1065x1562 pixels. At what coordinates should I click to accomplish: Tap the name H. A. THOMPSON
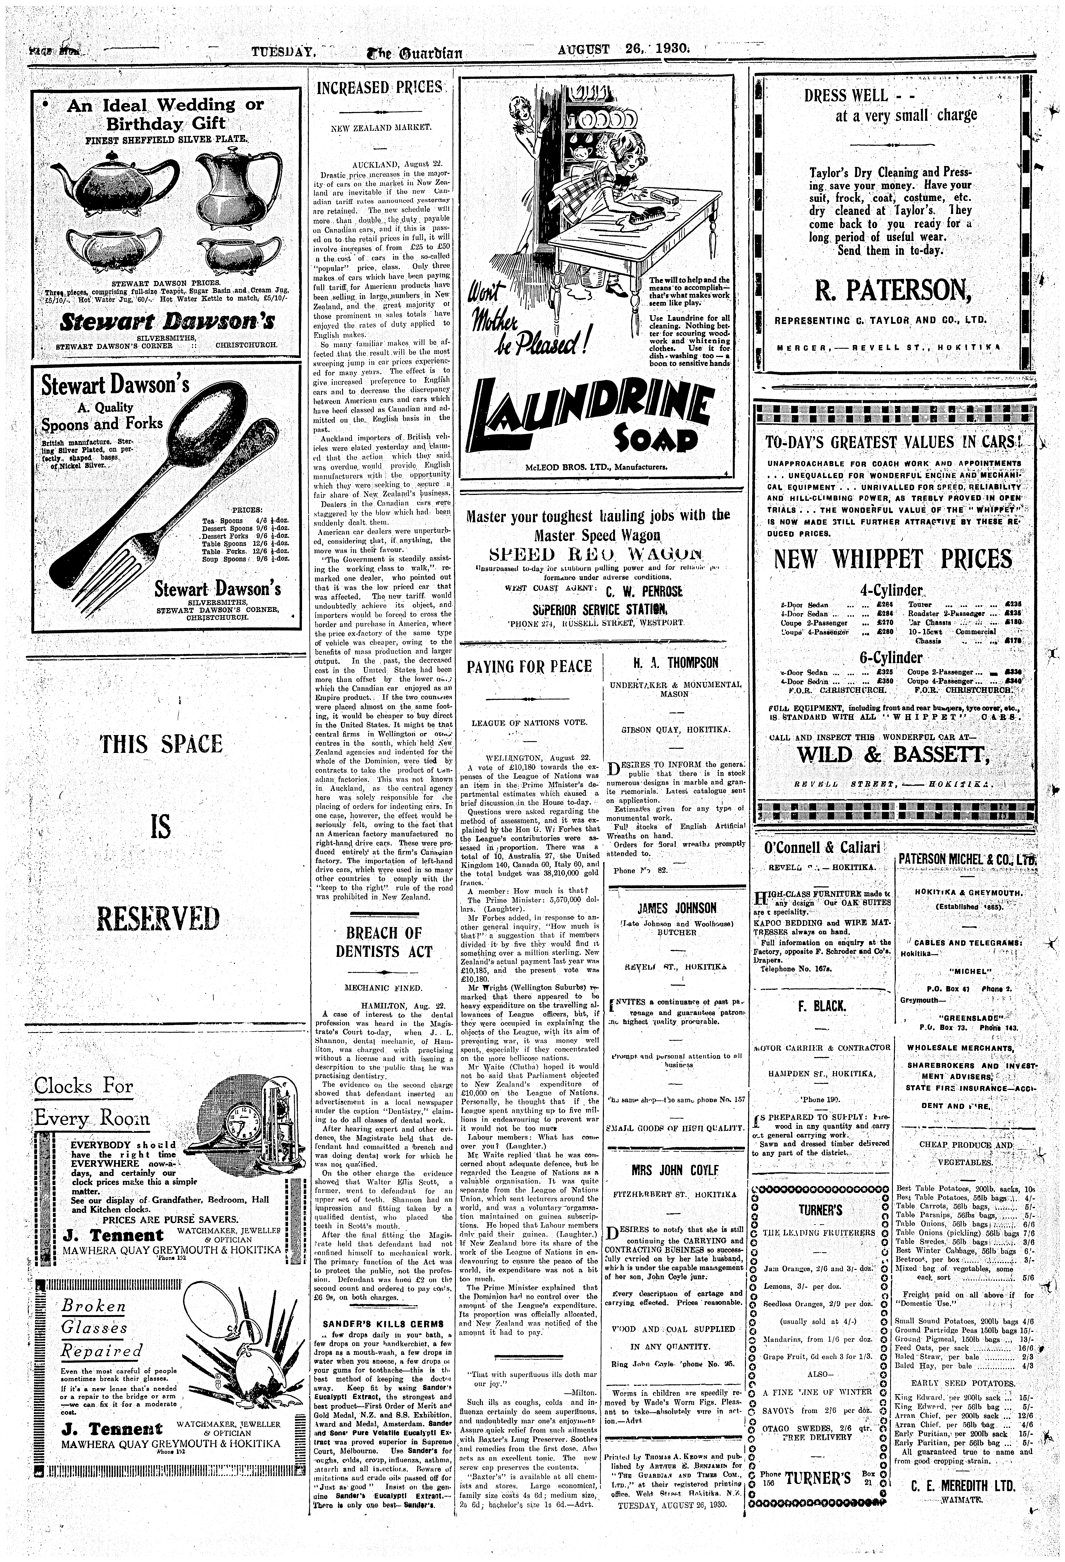(675, 663)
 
